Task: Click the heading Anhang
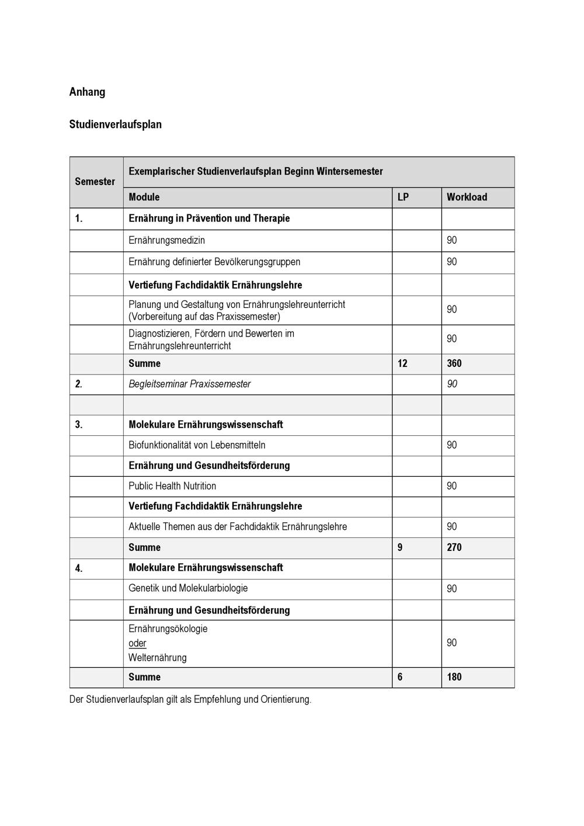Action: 87,92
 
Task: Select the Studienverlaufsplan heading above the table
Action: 115,124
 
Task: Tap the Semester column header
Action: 95,182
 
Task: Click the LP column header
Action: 403,197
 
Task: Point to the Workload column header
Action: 467,197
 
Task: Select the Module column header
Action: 144,197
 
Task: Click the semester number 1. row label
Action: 79,218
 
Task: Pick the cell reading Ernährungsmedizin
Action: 166,240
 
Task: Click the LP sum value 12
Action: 402,363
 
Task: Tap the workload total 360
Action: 454,363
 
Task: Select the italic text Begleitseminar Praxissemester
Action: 189,384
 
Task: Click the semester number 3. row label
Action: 79,425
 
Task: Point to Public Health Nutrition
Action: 172,486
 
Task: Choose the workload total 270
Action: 454,547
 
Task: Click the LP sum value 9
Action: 400,547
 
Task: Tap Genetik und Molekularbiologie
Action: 188,588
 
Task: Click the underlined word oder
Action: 137,643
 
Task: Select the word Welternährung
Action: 158,658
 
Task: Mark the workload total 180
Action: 454,677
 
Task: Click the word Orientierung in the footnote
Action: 286,699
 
